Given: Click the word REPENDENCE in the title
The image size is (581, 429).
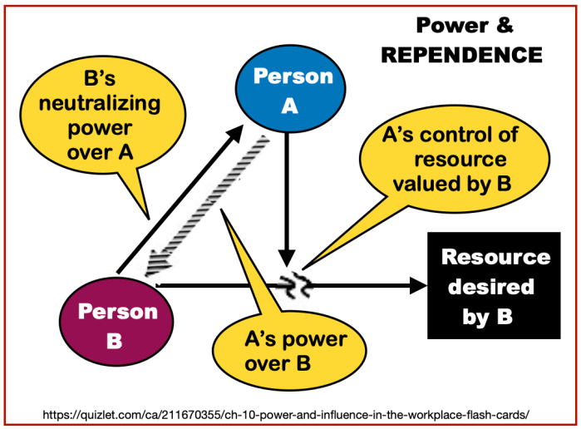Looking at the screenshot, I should [462, 56].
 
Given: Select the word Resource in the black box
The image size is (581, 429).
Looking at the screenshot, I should [495, 257].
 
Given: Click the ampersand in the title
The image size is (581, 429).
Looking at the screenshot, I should [505, 25].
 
